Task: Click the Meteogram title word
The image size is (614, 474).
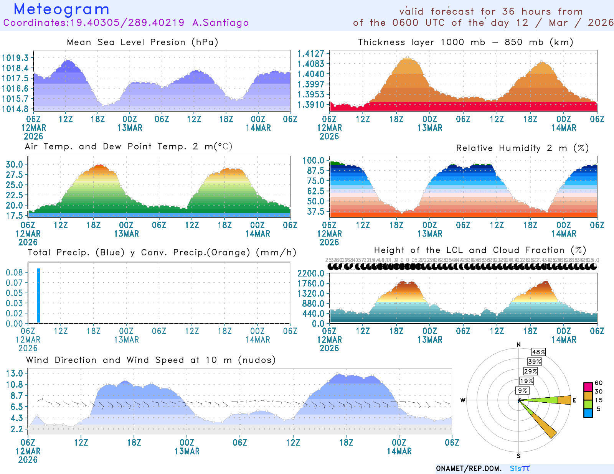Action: coord(61,9)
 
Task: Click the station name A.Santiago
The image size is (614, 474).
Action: coord(220,23)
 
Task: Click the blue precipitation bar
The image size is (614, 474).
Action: coord(39,296)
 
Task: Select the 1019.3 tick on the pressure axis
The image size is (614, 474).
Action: coord(15,58)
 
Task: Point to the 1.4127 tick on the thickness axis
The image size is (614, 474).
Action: coord(311,54)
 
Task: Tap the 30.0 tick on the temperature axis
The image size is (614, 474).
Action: coord(14,165)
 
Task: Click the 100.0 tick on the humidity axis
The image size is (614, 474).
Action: coord(313,160)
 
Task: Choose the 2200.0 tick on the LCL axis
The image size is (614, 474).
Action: coord(311,273)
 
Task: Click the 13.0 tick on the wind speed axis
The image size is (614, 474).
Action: coord(14,374)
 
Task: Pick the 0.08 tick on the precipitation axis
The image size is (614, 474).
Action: coord(14,273)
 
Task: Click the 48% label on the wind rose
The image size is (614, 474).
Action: coord(538,352)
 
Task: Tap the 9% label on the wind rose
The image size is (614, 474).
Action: coord(523,390)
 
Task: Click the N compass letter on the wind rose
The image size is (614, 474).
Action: coord(518,345)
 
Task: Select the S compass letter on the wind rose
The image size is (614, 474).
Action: coord(518,456)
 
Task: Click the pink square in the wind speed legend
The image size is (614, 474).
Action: coord(588,387)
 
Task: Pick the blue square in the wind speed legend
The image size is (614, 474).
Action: coord(588,413)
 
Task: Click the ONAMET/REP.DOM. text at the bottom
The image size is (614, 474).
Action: coord(469,469)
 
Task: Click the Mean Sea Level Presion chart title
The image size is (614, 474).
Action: coord(142,42)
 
